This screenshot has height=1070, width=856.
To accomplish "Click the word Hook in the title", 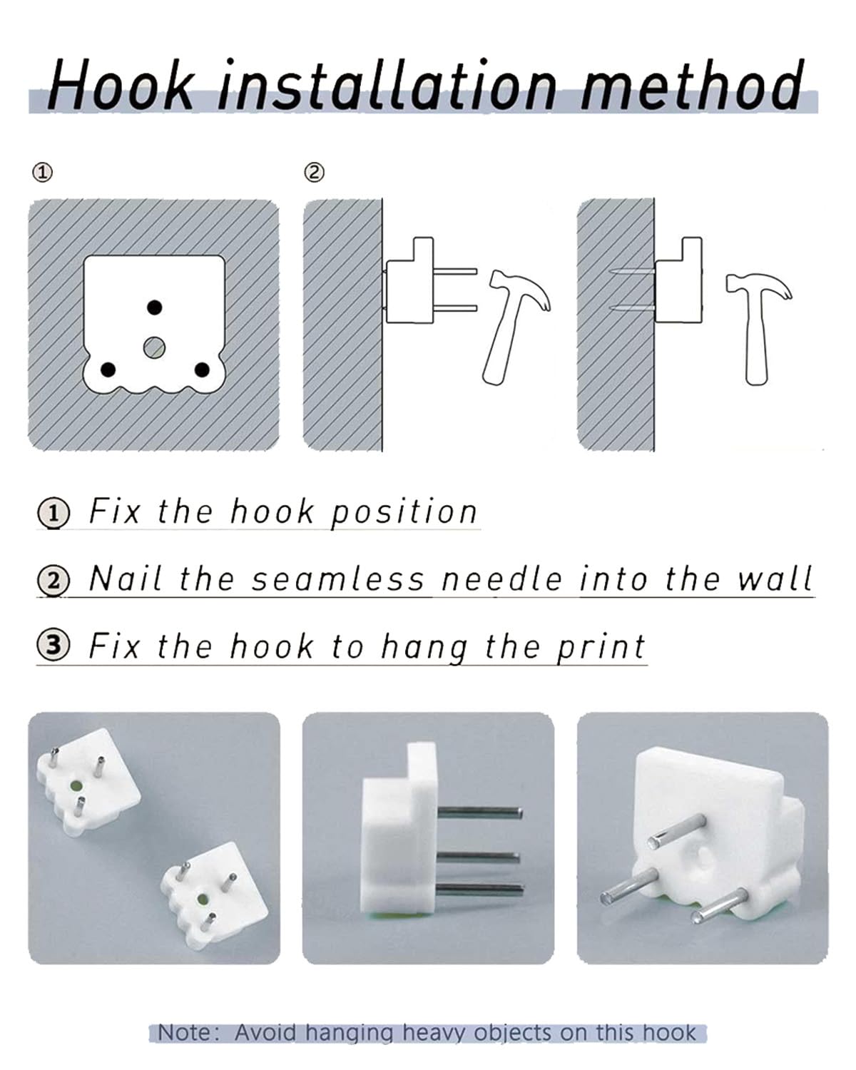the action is click(x=121, y=84).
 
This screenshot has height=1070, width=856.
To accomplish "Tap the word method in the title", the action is click(x=692, y=84).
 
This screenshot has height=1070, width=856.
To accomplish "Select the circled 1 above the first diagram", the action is click(x=42, y=173).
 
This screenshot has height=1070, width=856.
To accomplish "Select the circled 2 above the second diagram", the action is click(x=314, y=173).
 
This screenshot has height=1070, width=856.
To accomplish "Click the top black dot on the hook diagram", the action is click(x=155, y=307).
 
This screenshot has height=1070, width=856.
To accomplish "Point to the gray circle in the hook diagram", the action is click(x=154, y=347).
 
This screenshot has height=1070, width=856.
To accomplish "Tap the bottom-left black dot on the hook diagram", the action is click(x=108, y=370).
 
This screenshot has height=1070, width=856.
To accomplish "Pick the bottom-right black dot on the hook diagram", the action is click(x=201, y=370).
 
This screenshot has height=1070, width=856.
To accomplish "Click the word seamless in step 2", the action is click(x=337, y=579).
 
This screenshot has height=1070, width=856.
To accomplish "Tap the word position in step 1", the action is click(x=404, y=512).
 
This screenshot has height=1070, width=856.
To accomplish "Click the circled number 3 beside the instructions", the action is click(x=53, y=645).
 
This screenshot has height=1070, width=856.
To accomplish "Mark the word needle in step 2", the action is click(x=502, y=579).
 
